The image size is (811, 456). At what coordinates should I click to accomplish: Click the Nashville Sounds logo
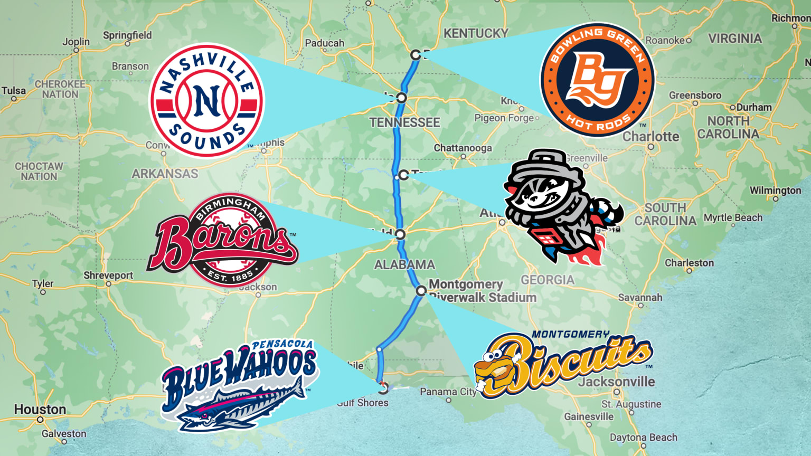pos(206,100)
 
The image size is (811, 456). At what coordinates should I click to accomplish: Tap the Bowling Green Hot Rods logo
pos(597,80)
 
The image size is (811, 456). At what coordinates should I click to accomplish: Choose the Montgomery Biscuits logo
pos(563,364)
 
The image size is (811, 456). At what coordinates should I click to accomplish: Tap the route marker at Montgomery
pos(421,290)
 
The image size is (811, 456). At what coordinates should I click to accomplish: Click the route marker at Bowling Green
pos(416,54)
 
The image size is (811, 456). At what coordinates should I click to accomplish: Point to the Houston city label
pos(40,410)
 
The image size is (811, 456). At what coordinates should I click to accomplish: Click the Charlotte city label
pos(650,136)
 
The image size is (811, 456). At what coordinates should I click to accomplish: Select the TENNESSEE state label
pos(404,122)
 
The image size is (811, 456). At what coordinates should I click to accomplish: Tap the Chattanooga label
pos(463,148)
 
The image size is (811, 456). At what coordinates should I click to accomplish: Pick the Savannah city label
pos(640,298)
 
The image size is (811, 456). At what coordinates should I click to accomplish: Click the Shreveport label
pos(108,275)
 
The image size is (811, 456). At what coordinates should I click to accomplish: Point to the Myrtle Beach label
pos(733,217)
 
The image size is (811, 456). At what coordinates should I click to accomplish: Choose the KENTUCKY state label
pos(476,33)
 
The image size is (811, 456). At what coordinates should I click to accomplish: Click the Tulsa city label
pos(14,91)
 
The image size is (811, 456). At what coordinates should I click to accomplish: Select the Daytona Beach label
pos(643,438)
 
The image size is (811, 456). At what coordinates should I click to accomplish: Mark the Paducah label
pos(324,43)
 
